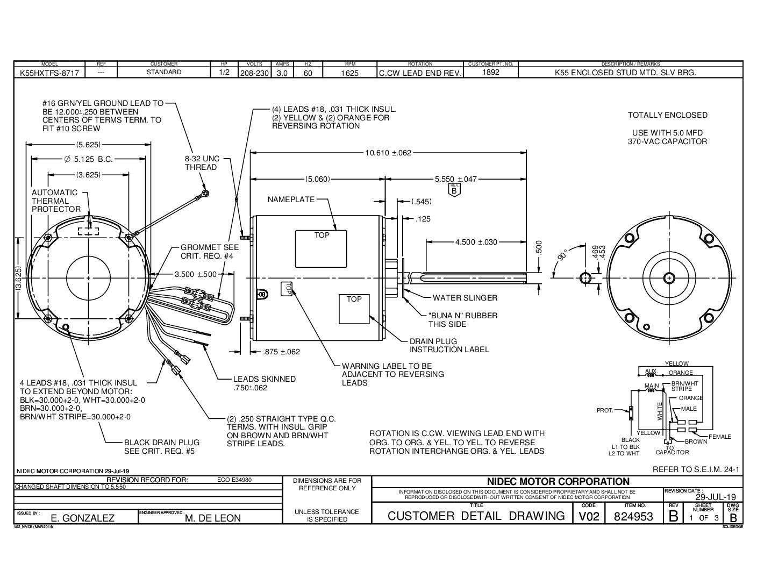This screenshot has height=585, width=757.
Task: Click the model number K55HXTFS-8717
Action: [48, 72]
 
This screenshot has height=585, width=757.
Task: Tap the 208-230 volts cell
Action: [253, 72]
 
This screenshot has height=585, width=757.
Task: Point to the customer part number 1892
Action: [491, 72]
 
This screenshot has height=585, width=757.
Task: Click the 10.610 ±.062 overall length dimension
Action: [388, 153]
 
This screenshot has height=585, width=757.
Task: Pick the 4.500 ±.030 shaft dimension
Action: [476, 242]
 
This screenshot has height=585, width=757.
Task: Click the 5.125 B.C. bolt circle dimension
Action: [88, 159]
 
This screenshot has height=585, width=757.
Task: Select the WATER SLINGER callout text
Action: [465, 297]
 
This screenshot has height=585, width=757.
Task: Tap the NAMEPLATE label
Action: [291, 199]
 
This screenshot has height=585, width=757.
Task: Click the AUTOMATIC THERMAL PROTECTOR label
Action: [56, 201]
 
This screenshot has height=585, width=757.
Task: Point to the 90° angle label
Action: [562, 255]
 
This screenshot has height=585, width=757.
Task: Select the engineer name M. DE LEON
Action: [212, 518]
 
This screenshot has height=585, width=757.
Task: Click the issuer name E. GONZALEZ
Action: [82, 518]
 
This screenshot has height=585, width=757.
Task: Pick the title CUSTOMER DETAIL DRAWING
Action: [476, 516]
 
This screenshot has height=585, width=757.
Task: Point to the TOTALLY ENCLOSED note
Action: [667, 115]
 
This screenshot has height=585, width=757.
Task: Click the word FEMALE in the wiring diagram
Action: [719, 437]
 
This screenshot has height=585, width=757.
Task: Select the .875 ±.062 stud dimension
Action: [281, 352]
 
